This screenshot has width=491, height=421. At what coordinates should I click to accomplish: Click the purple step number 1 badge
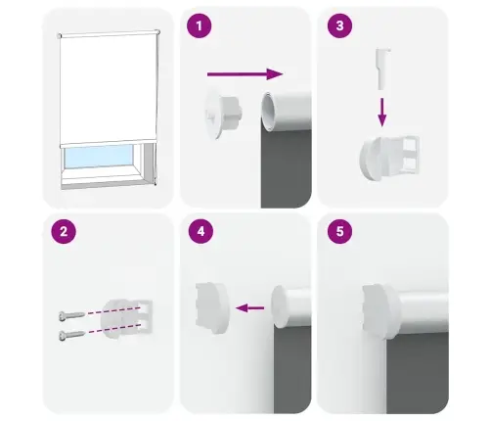click(x=200, y=27)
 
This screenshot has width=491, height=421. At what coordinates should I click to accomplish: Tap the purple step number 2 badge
click(x=64, y=234)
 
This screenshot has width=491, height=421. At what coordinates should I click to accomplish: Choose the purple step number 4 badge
click(x=200, y=234)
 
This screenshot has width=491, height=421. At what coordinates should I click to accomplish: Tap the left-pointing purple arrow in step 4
click(x=250, y=308)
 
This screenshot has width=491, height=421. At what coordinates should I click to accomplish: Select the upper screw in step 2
click(x=72, y=315)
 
